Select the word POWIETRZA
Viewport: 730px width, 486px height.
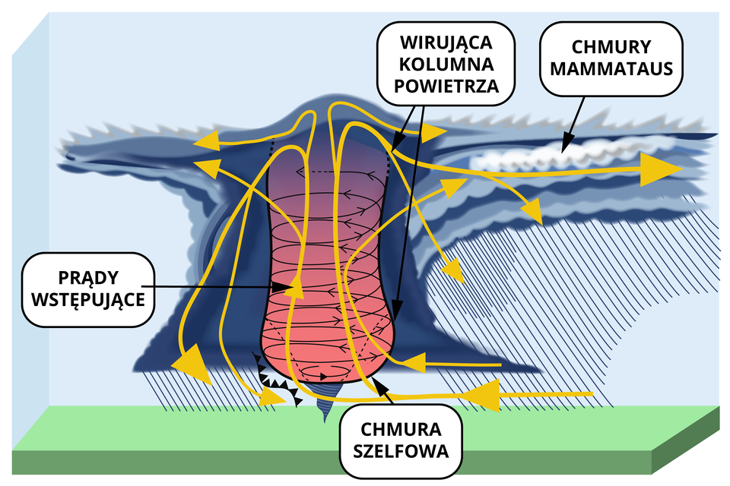[x=446, y=85]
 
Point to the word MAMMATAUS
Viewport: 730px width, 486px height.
[x=611, y=69]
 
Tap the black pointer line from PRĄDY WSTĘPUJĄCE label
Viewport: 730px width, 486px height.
[x=213, y=286]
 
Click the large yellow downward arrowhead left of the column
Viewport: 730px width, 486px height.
[x=189, y=362]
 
